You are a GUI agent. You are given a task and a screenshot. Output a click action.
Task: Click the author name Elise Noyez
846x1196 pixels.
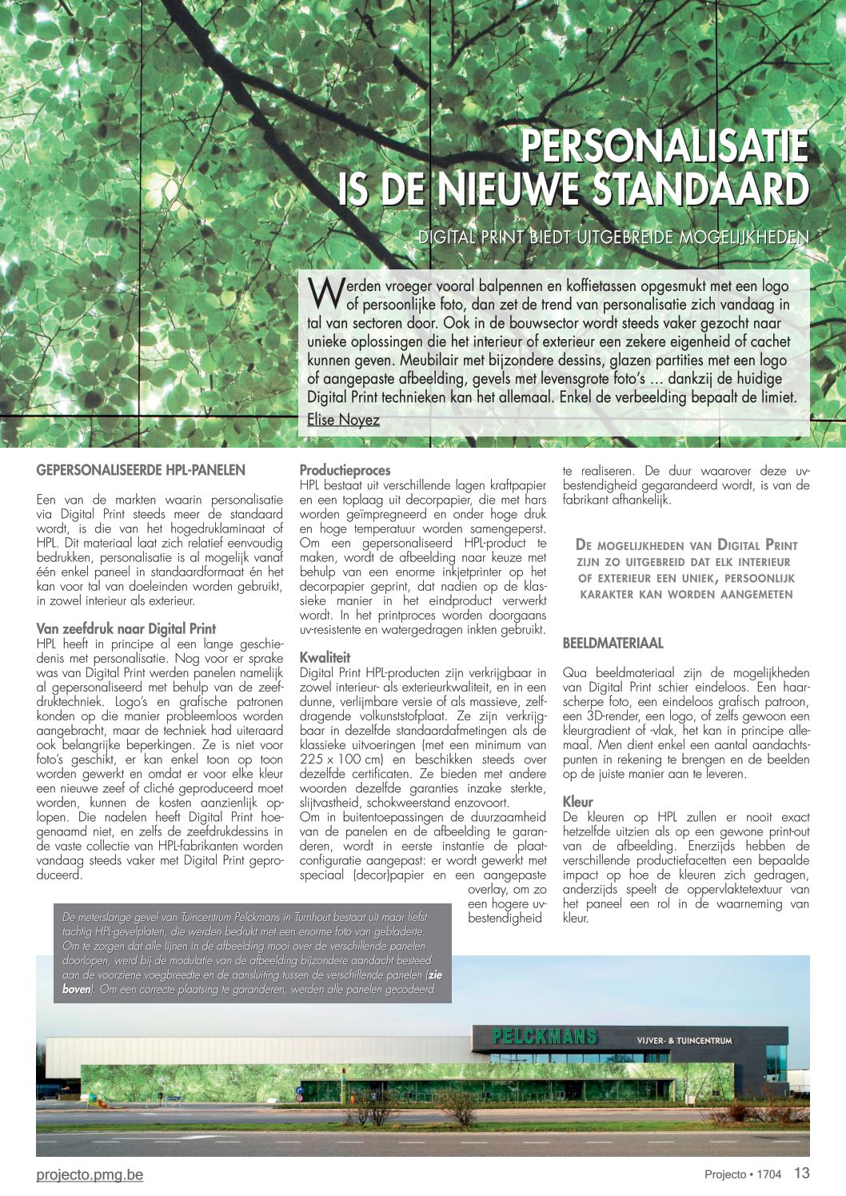(x=343, y=420)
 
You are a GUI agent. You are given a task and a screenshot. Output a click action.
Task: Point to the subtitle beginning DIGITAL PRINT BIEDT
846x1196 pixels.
(x=613, y=237)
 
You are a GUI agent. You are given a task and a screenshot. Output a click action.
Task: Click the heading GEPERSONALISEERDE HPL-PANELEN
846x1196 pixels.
(x=141, y=470)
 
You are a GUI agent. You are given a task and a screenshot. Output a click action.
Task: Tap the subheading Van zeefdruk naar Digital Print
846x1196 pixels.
(x=126, y=628)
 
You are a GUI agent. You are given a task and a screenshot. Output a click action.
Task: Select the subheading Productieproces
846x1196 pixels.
(x=345, y=470)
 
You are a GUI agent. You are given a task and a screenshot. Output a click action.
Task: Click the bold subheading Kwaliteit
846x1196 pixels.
(x=325, y=657)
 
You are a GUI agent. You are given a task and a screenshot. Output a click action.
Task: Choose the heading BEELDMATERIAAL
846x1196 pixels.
(x=613, y=643)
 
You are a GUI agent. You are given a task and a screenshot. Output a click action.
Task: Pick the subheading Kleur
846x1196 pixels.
(x=578, y=801)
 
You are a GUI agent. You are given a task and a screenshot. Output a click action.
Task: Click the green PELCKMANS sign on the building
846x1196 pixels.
(x=544, y=1037)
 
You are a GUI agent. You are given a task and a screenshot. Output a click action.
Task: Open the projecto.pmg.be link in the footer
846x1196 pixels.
(x=90, y=1174)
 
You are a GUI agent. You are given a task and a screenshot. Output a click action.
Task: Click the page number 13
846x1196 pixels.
(x=802, y=1174)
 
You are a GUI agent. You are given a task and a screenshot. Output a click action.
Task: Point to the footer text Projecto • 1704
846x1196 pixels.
(x=742, y=1174)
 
